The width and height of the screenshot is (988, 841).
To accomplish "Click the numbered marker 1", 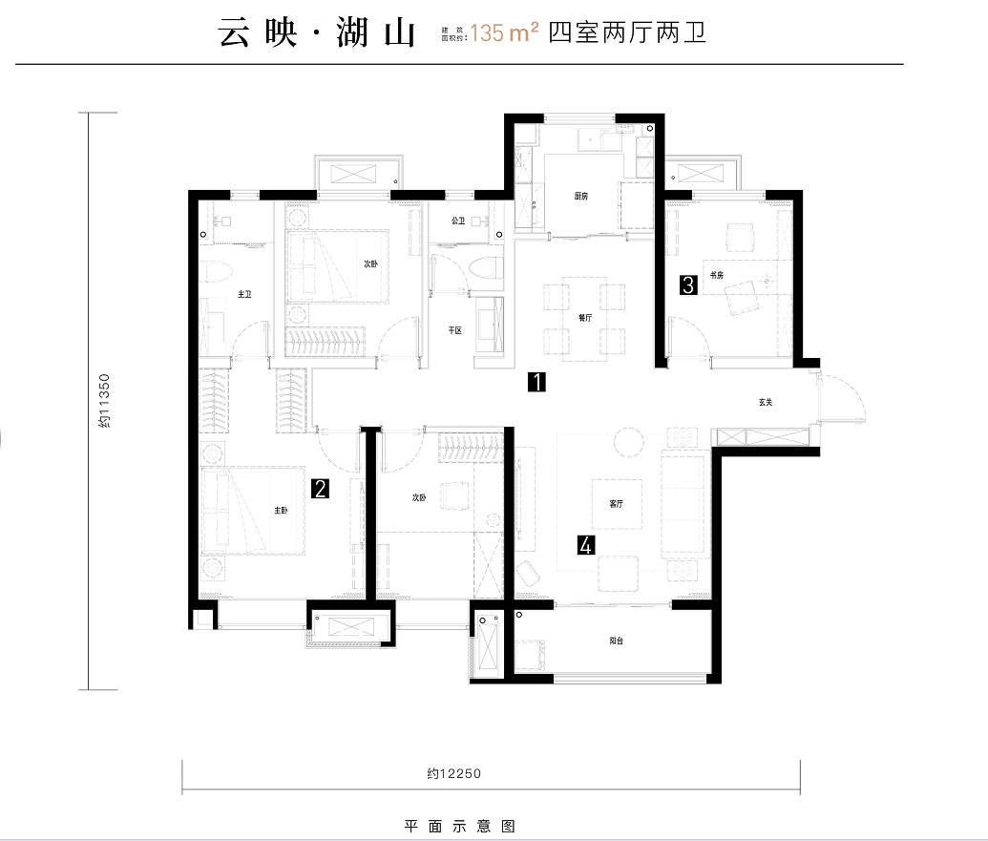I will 537,384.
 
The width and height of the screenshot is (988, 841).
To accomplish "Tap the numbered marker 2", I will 321,490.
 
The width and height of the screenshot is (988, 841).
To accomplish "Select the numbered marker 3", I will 686,284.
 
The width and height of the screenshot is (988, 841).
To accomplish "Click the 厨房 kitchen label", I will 581,196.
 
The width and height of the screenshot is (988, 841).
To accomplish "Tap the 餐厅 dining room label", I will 585,319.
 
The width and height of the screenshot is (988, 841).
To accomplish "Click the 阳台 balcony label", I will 616,641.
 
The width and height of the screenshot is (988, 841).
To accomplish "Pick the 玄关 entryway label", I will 765,402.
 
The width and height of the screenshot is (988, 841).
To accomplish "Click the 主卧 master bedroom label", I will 281,511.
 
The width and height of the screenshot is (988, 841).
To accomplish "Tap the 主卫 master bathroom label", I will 243,295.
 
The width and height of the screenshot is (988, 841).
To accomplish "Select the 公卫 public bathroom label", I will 458,221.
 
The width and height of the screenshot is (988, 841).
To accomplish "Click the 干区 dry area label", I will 455,330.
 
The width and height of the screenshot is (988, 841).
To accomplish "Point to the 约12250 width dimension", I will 448,773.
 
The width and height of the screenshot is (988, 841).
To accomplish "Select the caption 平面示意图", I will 460,826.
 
